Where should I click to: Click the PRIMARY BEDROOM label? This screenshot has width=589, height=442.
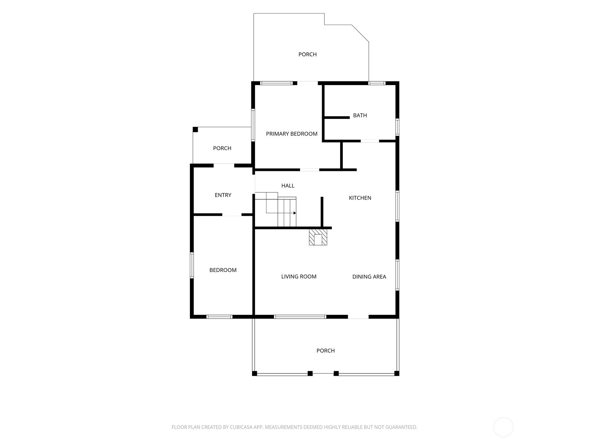[292, 134]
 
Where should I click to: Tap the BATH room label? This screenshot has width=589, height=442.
[360, 115]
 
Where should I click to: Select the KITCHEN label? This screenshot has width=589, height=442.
[360, 198]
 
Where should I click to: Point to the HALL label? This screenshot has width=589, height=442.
[288, 185]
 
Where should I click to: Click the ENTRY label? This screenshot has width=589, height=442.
[223, 195]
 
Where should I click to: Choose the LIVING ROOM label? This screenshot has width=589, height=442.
[299, 276]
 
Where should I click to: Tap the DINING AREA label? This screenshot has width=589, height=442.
[369, 276]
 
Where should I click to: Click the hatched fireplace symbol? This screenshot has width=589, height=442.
[318, 237]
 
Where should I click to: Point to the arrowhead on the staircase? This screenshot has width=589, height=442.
[294, 213]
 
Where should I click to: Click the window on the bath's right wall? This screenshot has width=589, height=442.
[398, 127]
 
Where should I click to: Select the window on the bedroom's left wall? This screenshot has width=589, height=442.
[191, 265]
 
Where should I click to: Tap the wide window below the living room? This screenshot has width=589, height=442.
[300, 317]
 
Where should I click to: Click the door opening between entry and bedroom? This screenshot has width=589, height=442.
[232, 215]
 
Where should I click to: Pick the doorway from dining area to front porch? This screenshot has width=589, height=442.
[358, 317]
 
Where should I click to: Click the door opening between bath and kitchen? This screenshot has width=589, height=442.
[370, 141]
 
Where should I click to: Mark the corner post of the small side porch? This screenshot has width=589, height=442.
[195, 130]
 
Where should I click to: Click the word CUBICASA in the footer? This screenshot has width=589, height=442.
[241, 427]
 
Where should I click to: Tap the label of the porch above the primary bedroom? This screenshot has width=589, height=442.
[307, 55]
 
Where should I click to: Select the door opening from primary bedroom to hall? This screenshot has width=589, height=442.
[309, 169]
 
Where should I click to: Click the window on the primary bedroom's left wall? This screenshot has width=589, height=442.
[253, 125]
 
